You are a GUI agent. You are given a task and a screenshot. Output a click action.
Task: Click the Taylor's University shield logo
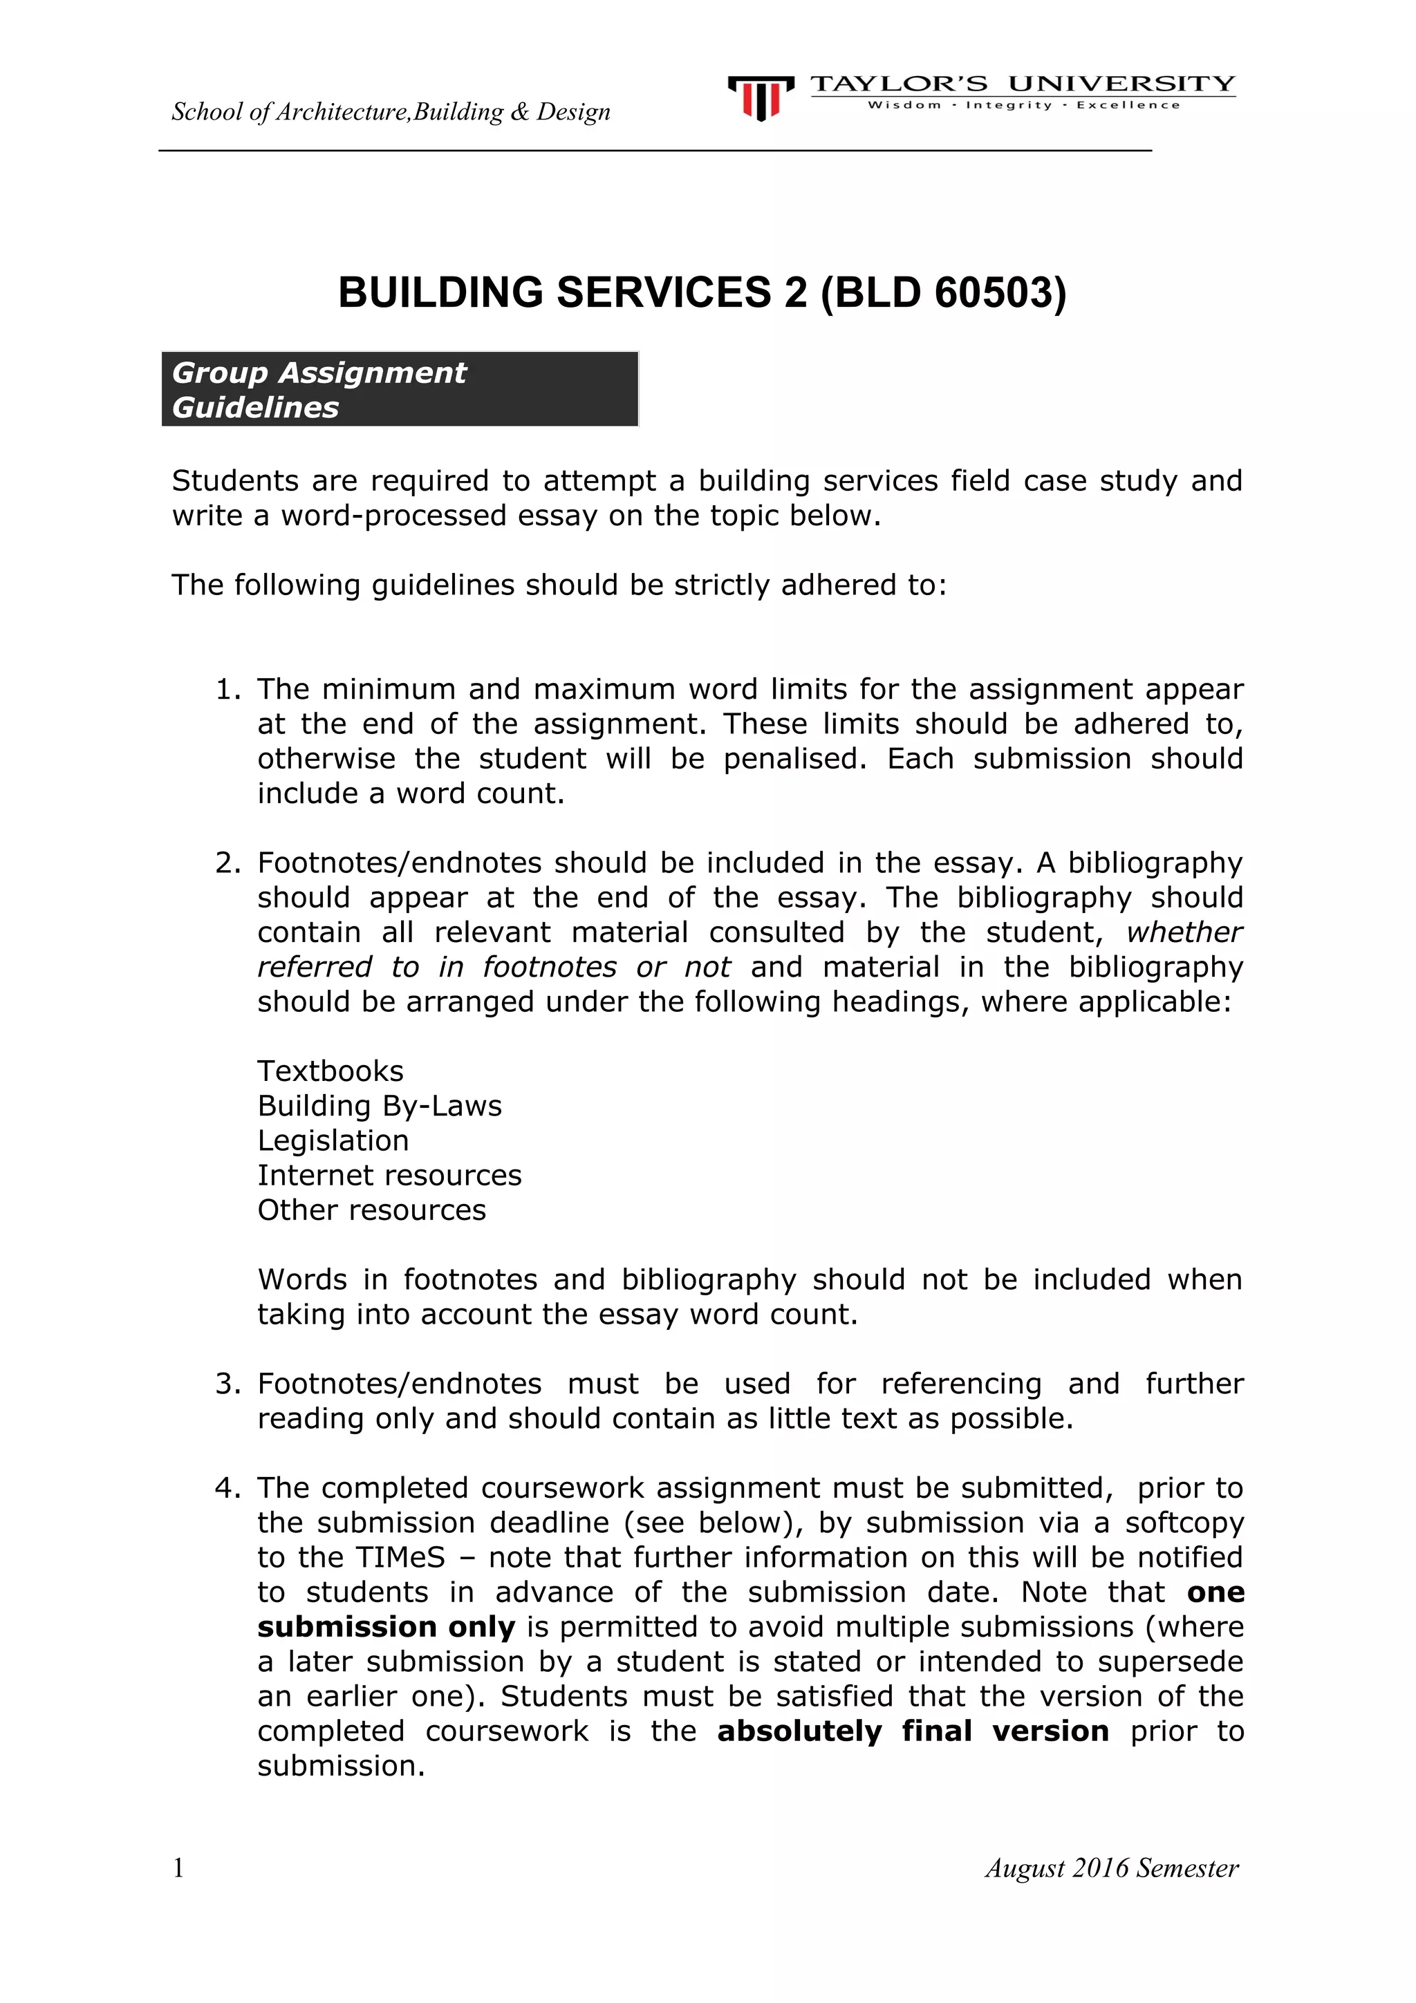(760, 97)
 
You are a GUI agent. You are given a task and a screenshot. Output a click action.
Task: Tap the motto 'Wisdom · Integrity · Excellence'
(1023, 106)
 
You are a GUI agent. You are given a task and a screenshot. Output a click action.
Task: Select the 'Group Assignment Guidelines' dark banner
(400, 389)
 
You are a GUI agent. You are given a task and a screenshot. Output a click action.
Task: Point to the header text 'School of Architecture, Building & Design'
(391, 112)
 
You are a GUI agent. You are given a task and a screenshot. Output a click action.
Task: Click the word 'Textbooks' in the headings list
(330, 1071)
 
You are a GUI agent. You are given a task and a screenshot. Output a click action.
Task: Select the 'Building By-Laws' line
(380, 1106)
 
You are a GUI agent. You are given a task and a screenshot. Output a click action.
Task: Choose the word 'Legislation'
(333, 1141)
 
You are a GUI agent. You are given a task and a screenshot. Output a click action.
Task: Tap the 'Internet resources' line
(389, 1176)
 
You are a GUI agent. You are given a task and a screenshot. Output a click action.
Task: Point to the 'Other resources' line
(372, 1211)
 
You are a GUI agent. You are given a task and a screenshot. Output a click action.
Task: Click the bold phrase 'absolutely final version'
(913, 1731)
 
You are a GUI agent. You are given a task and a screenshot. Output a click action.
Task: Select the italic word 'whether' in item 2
(1184, 932)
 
